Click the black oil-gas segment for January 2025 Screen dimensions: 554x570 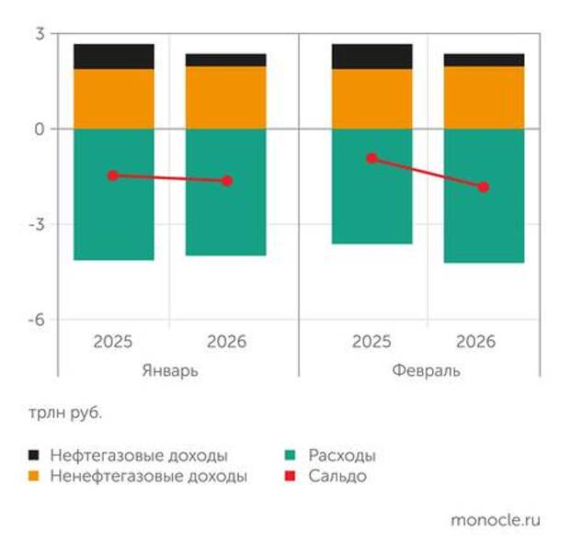click(x=114, y=56)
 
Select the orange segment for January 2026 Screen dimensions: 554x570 click(x=226, y=97)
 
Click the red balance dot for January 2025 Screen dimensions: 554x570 click(x=113, y=175)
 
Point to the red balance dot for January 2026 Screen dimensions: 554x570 click(x=226, y=181)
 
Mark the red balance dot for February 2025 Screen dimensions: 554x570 click(x=371, y=158)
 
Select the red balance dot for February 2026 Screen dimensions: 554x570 click(x=484, y=187)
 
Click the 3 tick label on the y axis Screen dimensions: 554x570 click(x=40, y=34)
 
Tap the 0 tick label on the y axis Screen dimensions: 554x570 click(x=40, y=130)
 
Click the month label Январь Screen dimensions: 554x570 click(x=170, y=371)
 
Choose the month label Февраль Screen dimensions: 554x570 click(x=427, y=371)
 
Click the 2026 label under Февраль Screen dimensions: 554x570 click(x=475, y=342)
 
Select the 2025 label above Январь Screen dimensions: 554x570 click(x=113, y=342)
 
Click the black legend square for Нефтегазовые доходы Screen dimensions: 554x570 click(x=34, y=456)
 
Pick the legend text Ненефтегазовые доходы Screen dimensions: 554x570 click(x=149, y=477)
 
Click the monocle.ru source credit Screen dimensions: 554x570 click(x=496, y=520)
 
